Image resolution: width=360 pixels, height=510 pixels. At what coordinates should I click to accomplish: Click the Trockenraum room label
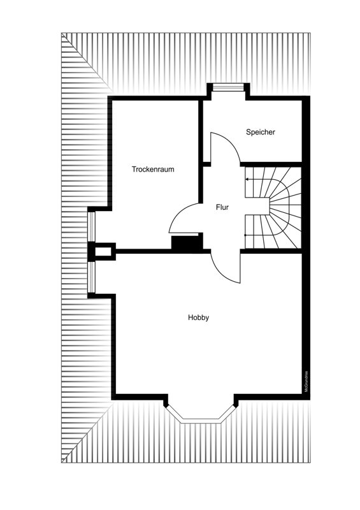(153, 169)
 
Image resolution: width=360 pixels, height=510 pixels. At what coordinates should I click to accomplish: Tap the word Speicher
(261, 132)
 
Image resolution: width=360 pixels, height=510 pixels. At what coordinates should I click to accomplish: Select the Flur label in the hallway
(222, 207)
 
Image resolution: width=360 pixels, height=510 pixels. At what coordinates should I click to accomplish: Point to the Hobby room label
(198, 317)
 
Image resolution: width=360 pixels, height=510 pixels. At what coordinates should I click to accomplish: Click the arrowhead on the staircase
(247, 179)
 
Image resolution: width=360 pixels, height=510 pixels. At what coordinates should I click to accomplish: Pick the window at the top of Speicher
(228, 87)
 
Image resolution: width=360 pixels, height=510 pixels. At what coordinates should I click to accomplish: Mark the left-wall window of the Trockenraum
(91, 227)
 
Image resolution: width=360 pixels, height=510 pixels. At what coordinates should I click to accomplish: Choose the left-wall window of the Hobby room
(91, 277)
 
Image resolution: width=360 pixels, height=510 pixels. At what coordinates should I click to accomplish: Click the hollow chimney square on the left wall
(103, 251)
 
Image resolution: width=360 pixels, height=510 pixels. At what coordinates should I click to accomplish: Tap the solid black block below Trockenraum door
(185, 243)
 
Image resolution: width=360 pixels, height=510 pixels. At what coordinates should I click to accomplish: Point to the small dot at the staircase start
(245, 235)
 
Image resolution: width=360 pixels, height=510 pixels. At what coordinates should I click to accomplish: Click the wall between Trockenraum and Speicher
(201, 131)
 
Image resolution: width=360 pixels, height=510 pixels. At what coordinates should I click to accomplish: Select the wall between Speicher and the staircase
(271, 164)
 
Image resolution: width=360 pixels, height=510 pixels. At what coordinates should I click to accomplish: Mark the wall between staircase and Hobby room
(271, 251)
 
